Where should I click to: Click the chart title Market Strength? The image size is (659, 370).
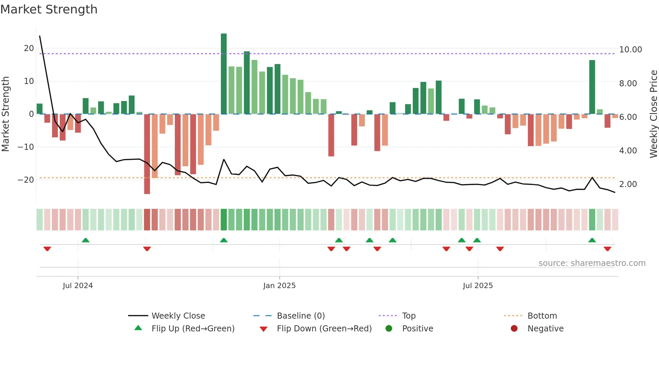coord(49,9)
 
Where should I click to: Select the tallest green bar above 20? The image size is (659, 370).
coord(224,74)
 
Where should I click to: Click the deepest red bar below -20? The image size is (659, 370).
coord(147,154)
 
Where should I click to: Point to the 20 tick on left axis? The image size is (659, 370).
coord(29,48)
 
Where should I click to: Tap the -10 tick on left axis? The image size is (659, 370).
coord(26,147)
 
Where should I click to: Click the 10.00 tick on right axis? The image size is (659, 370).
coord(630,50)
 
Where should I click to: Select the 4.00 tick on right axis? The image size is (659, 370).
coord(628,151)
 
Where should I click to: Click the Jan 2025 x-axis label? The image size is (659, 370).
coord(279,286)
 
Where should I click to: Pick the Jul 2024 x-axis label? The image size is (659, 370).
coord(78,286)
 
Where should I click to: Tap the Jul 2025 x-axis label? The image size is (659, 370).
coord(477,286)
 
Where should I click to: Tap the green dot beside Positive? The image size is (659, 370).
coord(389,329)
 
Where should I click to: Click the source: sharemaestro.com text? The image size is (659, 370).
coord(592,263)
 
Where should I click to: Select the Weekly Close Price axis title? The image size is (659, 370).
coord(653,114)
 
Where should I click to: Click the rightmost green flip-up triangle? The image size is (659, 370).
coord(592,240)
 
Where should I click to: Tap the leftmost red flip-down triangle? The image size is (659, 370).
coord(47,249)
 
